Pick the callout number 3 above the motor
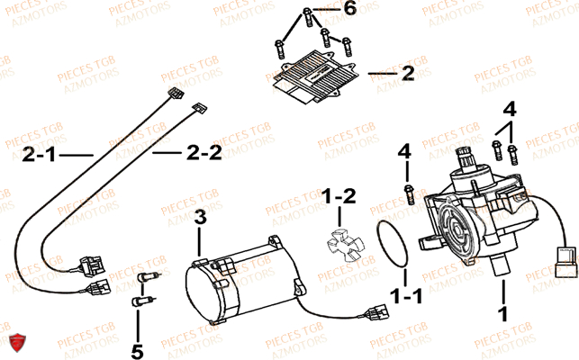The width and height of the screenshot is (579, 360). coord(200,216)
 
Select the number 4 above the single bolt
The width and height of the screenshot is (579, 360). coord(405,149)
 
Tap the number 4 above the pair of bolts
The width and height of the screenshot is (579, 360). coord(511,110)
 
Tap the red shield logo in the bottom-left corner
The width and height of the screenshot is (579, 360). coord(15,342)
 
